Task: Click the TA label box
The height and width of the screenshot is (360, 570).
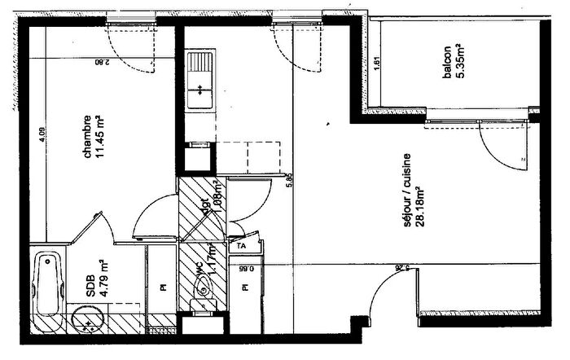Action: pos(241,244)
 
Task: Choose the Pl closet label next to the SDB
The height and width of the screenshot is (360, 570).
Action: pos(163,287)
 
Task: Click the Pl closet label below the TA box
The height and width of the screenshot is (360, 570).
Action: pos(242,287)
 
